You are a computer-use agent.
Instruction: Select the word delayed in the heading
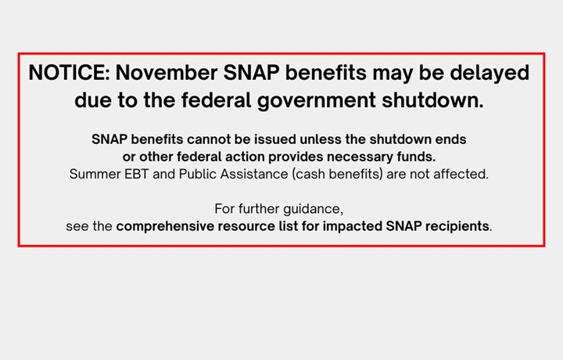click(x=489, y=74)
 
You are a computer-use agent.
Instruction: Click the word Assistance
click(x=252, y=175)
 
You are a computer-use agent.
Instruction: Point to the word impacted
click(x=352, y=227)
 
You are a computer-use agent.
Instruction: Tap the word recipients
click(x=457, y=227)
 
